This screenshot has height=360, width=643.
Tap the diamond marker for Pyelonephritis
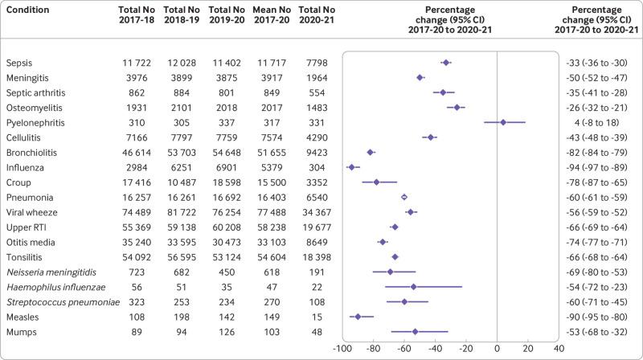pyautogui.click(x=503, y=122)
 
